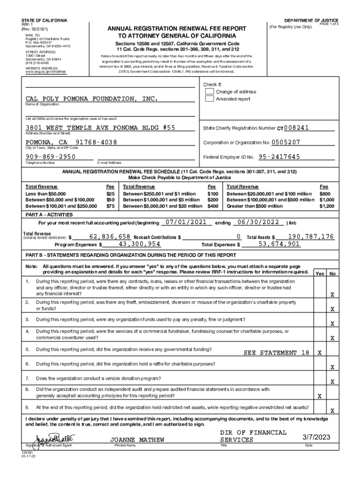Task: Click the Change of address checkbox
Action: pyautogui.click(x=210, y=92)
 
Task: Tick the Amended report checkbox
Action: pyautogui.click(x=210, y=99)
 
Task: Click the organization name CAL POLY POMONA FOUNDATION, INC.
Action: pyautogui.click(x=92, y=99)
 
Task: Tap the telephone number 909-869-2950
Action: pyautogui.click(x=51, y=157)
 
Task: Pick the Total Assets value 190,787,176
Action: pyautogui.click(x=311, y=237)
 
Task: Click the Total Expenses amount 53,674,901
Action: pyautogui.click(x=279, y=244)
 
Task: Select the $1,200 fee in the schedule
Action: pyautogui.click(x=327, y=206)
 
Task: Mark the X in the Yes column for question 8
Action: pyautogui.click(x=319, y=396)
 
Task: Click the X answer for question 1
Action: pyautogui.click(x=332, y=295)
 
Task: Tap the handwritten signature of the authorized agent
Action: pyautogui.click(x=50, y=440)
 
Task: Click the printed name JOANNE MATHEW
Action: pyautogui.click(x=131, y=440)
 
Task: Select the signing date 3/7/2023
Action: pyautogui.click(x=317, y=437)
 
